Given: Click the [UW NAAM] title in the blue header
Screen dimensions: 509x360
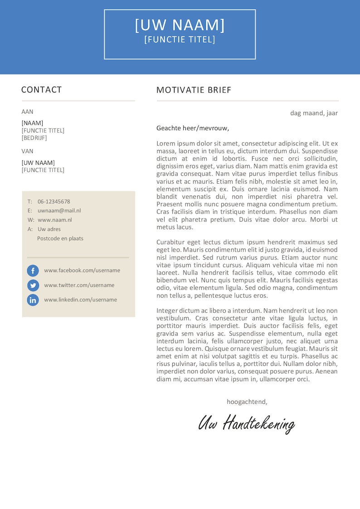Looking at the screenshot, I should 180,25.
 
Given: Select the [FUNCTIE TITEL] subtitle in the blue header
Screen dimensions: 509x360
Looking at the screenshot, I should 180,40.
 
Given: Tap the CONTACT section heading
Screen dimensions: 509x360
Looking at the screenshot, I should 41,90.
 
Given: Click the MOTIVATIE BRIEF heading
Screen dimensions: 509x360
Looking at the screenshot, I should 194,90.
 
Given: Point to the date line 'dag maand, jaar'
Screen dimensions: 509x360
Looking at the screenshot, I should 314,113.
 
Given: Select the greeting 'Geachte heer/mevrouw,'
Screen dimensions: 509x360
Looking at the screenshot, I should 193,128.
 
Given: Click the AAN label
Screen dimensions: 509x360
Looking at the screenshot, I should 27,111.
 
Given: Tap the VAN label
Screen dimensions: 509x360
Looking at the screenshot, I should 27,151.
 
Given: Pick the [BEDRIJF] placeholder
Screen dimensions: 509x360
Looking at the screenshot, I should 34,138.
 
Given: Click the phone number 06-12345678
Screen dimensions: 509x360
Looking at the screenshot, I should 54,202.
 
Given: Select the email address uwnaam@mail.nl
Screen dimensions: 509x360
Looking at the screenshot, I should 59,211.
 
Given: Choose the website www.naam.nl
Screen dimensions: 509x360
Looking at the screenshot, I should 54,220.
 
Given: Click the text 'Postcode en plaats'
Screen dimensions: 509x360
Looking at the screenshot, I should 60,238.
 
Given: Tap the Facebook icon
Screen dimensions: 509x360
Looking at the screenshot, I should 33,271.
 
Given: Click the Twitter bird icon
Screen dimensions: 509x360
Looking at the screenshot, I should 33,285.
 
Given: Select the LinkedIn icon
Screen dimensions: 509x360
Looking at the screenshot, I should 33,300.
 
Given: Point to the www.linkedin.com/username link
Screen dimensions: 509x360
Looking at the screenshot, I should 80,300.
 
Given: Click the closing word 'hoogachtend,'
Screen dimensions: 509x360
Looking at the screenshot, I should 247,402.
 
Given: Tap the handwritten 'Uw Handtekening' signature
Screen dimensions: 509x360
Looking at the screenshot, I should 247,423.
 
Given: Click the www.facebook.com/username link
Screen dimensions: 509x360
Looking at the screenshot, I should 82,271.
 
